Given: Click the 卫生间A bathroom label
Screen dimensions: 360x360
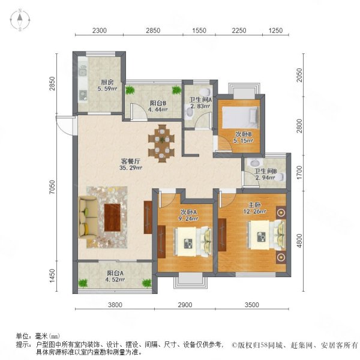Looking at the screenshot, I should (200, 100).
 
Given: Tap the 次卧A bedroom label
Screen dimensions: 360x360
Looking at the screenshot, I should (188, 212).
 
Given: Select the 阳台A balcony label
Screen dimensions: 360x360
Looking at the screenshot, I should (113, 273).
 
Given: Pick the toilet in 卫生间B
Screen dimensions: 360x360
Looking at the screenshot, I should (256, 163).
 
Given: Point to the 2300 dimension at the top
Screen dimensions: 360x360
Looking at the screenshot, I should (100, 30).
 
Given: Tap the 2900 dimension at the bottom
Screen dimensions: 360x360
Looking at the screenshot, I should (185, 304).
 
